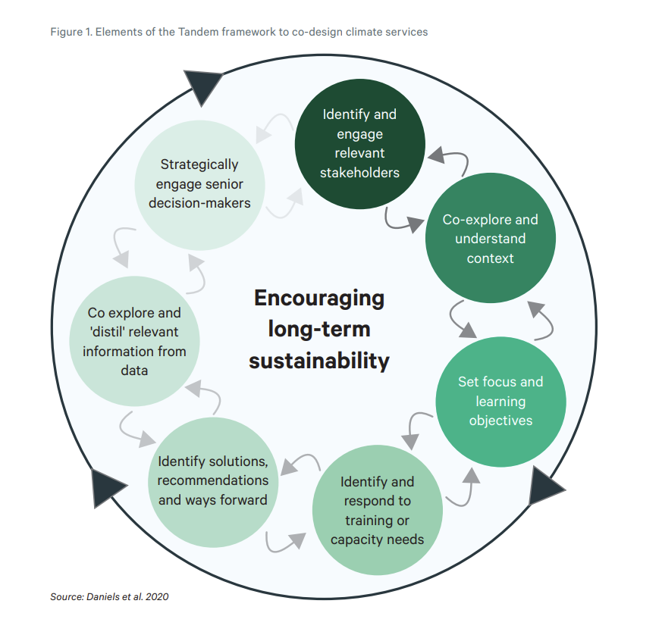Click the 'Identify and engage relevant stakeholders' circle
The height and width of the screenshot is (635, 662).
click(x=359, y=144)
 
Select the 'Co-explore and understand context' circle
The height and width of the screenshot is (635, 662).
click(x=490, y=239)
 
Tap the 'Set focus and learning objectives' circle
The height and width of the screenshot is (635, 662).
click(x=500, y=401)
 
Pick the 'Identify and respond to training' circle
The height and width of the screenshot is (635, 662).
click(x=377, y=510)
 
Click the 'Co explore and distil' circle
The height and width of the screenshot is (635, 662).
click(x=134, y=342)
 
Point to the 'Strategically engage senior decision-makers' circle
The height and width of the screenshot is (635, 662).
click(x=199, y=184)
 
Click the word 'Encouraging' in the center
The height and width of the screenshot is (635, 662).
click(x=319, y=298)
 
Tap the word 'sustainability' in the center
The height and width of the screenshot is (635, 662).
click(x=319, y=360)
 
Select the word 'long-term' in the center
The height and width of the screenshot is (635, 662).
click(x=319, y=329)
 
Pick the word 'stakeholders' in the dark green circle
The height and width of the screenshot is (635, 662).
click(x=359, y=173)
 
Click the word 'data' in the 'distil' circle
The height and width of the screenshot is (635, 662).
click(x=134, y=371)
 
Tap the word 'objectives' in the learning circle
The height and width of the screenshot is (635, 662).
click(x=500, y=421)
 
